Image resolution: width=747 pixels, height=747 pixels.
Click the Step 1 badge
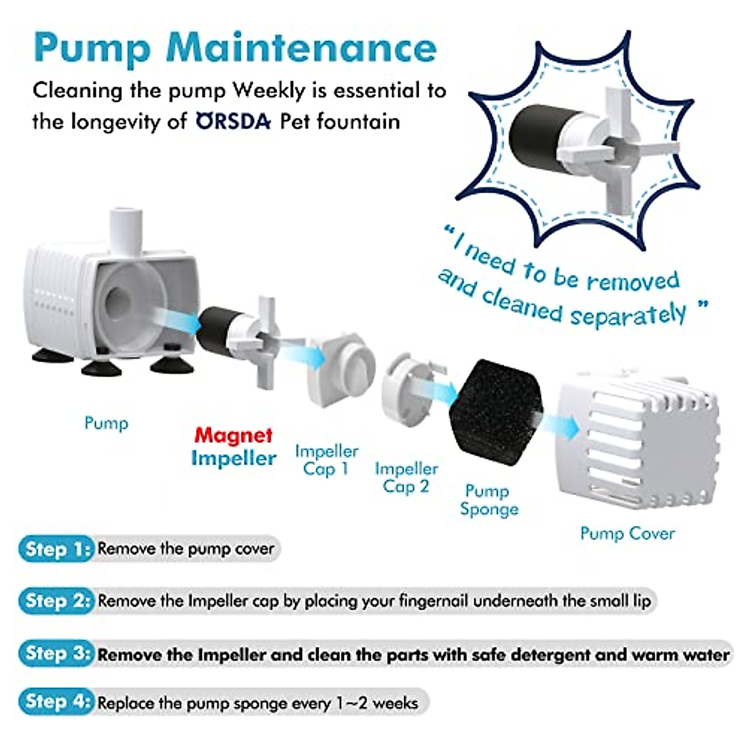(56, 549)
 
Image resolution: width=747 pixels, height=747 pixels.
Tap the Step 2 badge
(56, 601)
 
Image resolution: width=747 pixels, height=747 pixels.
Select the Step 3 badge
(56, 654)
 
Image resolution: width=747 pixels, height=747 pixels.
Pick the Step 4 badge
(56, 702)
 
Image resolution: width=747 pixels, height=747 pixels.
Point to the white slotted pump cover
(638, 439)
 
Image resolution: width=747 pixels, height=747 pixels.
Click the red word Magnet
(233, 435)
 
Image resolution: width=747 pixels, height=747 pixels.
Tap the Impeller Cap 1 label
(326, 459)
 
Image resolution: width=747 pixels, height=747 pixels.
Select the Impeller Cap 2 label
(406, 477)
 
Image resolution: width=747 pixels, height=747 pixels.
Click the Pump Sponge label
(489, 500)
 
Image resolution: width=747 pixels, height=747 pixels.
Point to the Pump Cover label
(627, 533)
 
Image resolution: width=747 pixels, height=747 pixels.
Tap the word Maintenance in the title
(302, 47)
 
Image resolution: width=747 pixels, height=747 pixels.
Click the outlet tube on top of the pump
(126, 230)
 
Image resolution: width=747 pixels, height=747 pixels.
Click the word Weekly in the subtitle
(269, 91)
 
